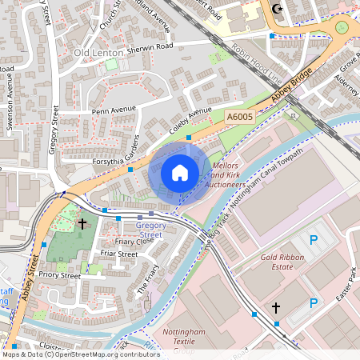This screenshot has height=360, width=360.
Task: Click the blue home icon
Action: point(180,173)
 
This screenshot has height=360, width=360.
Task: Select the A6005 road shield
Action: point(239,117)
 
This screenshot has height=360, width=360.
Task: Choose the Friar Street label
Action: point(119,254)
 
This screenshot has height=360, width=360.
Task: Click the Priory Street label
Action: point(61,275)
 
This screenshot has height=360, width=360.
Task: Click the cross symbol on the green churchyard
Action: point(82,224)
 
